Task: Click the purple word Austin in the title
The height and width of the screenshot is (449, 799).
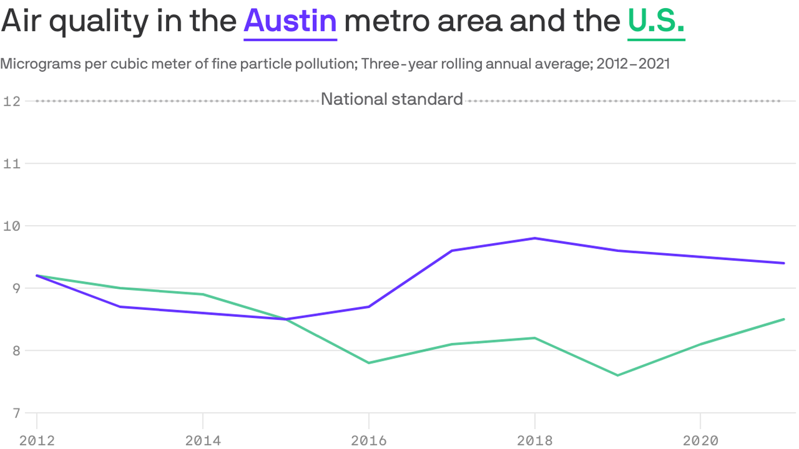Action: point(290,22)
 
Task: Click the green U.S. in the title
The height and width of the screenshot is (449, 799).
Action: point(656,22)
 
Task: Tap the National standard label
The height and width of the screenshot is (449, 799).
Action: point(392,99)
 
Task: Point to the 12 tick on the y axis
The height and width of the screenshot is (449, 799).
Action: point(11,101)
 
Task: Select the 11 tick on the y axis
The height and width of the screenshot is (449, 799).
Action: point(11,164)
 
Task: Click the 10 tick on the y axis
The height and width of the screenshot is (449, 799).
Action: point(11,226)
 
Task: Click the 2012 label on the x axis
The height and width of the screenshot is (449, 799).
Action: point(37,440)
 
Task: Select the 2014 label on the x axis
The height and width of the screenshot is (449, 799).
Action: point(202,440)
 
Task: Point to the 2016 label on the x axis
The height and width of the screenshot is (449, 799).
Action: point(368,440)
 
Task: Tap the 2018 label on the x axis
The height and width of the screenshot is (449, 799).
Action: point(535,440)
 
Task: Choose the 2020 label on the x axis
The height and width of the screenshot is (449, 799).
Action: point(700,440)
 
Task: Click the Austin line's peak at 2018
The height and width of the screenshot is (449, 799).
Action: point(535,238)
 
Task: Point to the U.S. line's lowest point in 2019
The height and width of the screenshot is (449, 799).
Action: point(618,375)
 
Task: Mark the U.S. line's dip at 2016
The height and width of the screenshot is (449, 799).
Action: point(368,363)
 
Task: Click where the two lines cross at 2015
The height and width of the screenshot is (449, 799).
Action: point(286,319)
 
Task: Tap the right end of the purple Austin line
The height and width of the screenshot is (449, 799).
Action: point(783,263)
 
